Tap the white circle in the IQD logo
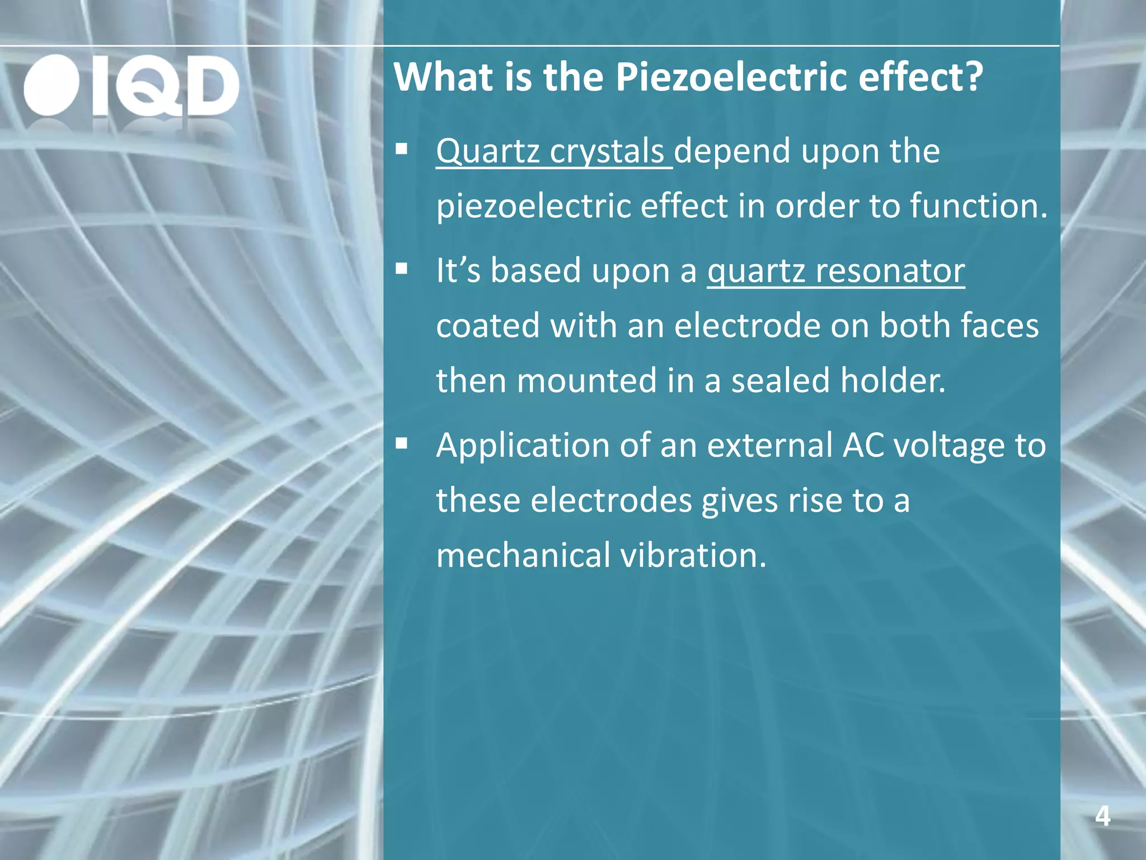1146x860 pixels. tap(51, 86)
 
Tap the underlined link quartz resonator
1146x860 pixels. tap(836, 271)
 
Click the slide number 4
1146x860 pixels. tap(1102, 816)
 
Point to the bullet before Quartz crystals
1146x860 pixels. tap(401, 150)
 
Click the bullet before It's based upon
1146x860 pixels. tap(401, 269)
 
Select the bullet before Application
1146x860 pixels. tap(401, 444)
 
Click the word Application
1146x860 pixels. tap(522, 446)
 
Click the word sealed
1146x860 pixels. tap(781, 381)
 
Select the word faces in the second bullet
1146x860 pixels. tap(999, 326)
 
